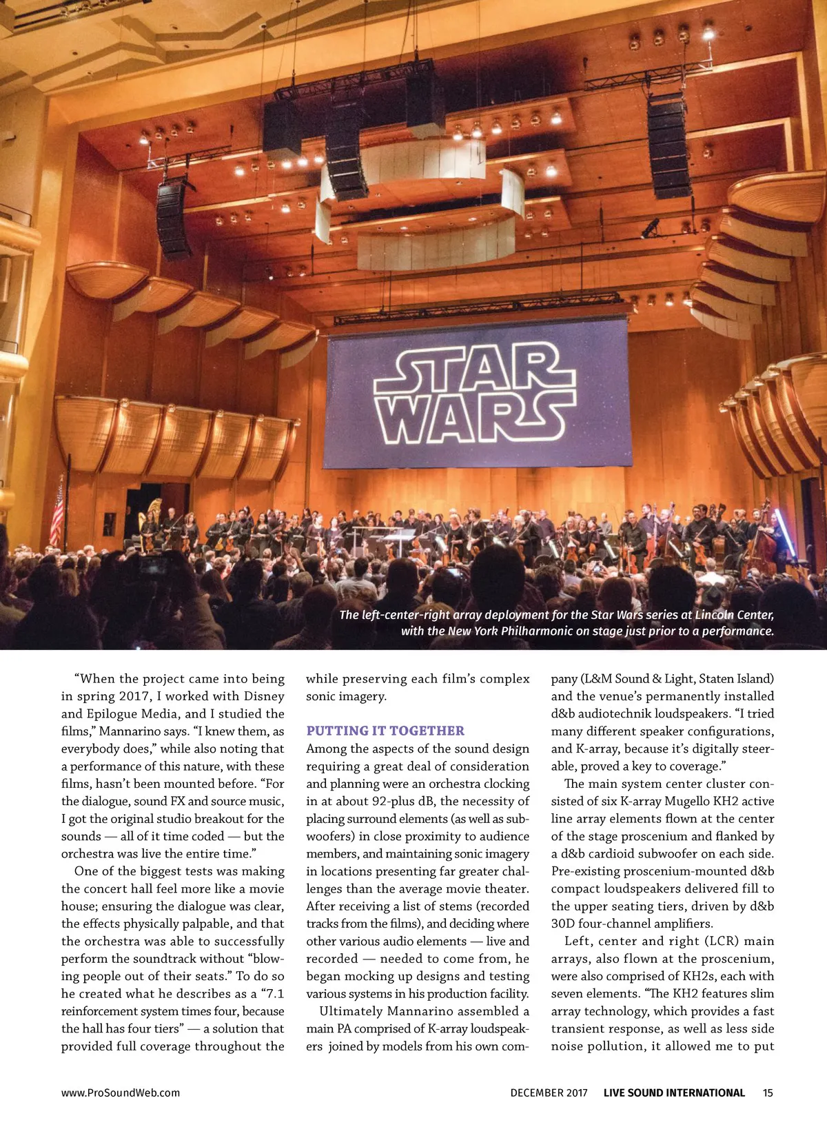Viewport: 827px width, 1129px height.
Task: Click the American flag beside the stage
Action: pyautogui.click(x=57, y=515)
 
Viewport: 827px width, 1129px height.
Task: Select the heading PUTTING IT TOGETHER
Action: pyautogui.click(x=385, y=731)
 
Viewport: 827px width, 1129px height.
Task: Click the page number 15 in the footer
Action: pyautogui.click(x=768, y=1092)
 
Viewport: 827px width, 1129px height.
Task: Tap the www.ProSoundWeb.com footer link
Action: pyautogui.click(x=121, y=1092)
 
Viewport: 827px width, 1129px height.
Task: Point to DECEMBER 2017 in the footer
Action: pyautogui.click(x=549, y=1092)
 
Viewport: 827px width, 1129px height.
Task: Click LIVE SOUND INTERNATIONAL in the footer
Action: pyautogui.click(x=674, y=1092)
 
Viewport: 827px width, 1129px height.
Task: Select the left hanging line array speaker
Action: pyautogui.click(x=172, y=218)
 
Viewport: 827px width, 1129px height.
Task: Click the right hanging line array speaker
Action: pyautogui.click(x=668, y=146)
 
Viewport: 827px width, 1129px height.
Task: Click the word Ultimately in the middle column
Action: pyautogui.click(x=350, y=1011)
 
